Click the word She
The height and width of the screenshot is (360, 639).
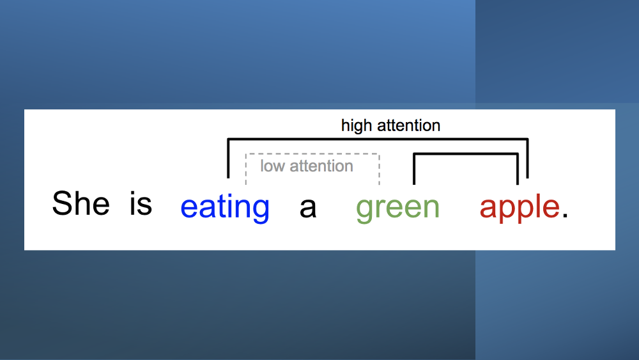coord(81,204)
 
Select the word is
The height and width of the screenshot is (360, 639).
coord(141,204)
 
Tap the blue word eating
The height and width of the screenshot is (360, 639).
coord(225,208)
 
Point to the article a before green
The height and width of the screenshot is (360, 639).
coord(308,208)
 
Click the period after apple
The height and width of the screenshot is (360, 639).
coord(565,216)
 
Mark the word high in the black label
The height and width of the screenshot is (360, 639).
coord(357,126)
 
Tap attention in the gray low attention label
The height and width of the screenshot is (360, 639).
coord(321,166)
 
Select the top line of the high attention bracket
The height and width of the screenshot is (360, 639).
coord(377,139)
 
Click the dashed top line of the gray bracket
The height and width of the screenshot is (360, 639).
coord(313,155)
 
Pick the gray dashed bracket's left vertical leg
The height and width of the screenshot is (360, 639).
coord(247,169)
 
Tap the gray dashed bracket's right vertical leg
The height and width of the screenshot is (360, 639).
coord(380,169)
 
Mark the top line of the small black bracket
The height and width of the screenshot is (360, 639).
coord(465,154)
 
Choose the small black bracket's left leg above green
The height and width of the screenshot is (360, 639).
coord(415,169)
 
